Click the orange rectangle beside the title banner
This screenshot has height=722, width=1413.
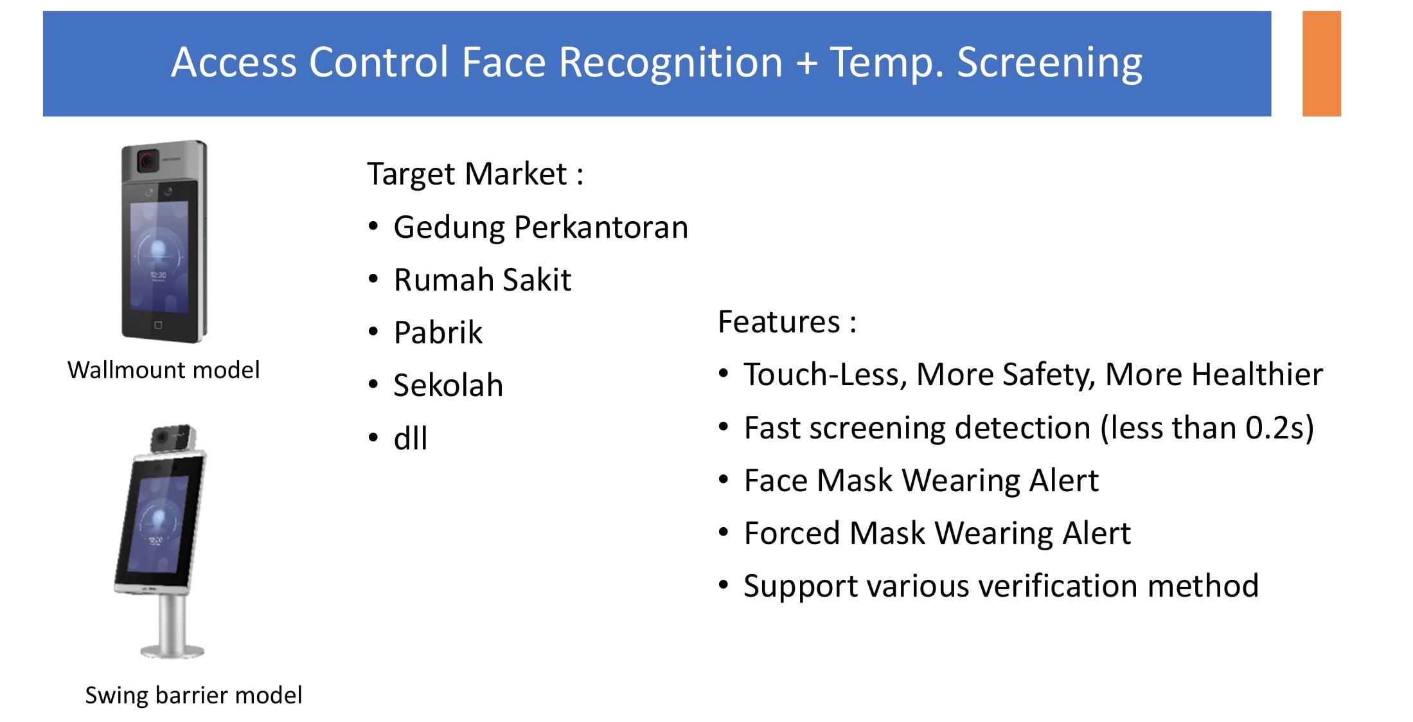point(1321,63)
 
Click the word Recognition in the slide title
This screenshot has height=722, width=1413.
point(670,64)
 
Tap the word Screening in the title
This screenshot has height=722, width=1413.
point(1049,64)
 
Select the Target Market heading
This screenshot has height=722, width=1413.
point(475,174)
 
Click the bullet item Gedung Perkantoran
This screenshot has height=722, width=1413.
point(540,228)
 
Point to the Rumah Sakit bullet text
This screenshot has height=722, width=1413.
point(482,280)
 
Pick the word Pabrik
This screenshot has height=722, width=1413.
point(438,332)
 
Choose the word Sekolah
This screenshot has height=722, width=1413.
point(448,385)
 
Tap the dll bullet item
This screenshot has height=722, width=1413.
point(410,438)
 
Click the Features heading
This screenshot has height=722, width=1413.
point(787,321)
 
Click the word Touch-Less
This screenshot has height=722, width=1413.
point(825,374)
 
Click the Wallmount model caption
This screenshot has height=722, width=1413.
point(163,370)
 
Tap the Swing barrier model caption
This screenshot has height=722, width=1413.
point(193,695)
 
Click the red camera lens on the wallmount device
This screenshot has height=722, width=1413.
point(148,159)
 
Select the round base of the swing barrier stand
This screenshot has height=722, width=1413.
point(172,651)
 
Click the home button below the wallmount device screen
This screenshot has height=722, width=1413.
point(159,325)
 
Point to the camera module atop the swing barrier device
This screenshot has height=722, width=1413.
point(172,438)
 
